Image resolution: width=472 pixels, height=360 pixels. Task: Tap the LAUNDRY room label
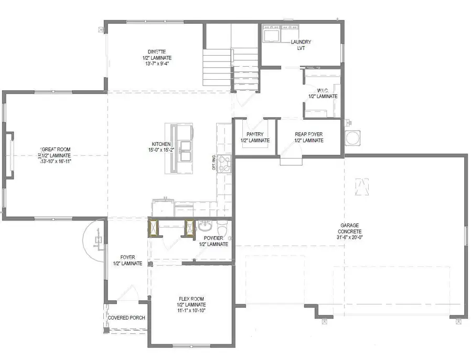(302, 42)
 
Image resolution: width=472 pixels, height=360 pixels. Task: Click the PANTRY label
(255, 134)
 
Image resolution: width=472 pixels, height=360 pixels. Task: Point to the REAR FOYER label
(309, 134)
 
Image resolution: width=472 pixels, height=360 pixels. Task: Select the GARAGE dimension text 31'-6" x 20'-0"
(350, 237)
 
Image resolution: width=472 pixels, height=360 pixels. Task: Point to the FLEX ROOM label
(191, 299)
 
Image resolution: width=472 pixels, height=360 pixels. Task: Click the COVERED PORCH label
(126, 318)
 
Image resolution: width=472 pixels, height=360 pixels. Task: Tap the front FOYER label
(127, 257)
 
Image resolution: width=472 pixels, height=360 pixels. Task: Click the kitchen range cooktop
(224, 164)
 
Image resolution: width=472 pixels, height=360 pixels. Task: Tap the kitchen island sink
(186, 145)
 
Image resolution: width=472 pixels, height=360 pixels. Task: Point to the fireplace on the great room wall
(9, 156)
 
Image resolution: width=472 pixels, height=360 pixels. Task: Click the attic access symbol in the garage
(361, 186)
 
